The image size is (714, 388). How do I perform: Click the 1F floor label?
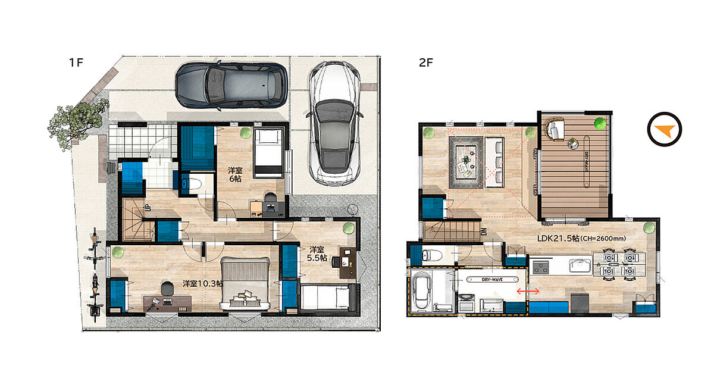point(76,62)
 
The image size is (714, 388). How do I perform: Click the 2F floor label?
point(426,62)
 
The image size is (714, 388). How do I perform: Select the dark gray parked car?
point(231,85)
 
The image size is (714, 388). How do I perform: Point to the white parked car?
point(334,124)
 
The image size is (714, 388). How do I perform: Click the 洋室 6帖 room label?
point(235,174)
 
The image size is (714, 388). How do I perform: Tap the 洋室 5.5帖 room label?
point(317,254)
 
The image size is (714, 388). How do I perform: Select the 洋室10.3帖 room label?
point(203,283)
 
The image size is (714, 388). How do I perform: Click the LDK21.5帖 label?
point(558,238)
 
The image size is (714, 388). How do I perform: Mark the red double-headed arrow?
point(528,291)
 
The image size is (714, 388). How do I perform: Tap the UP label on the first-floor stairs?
point(148,208)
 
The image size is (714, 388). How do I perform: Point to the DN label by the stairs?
point(484,231)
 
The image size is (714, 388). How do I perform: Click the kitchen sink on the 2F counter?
point(581,266)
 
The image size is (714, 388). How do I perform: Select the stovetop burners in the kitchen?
point(540,267)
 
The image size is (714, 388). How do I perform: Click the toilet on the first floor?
point(193,184)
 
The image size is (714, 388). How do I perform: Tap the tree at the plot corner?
point(77,123)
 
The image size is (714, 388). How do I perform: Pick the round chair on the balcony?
point(555,129)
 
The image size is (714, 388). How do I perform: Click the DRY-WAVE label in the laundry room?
point(493,280)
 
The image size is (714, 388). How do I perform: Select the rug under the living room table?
point(466,162)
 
